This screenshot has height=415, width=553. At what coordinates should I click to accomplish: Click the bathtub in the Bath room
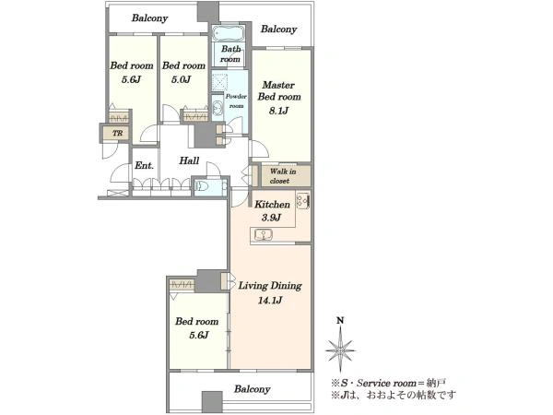(x=229, y=33)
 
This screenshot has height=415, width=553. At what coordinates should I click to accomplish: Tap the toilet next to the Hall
(x=202, y=186)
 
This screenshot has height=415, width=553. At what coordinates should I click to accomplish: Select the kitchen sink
(x=264, y=234)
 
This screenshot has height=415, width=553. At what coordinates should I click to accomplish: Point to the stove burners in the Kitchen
(x=303, y=201)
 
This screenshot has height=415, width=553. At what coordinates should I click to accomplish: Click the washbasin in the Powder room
(x=218, y=107)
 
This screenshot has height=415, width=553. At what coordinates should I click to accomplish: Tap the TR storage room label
(x=117, y=133)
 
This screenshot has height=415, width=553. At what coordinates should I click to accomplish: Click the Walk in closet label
(x=283, y=176)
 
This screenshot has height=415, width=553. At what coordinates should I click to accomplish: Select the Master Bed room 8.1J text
(x=279, y=98)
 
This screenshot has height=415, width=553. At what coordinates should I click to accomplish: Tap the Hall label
(x=189, y=160)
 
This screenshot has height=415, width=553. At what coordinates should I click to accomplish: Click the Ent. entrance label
(x=145, y=165)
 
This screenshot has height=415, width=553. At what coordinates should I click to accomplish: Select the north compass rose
(x=340, y=350)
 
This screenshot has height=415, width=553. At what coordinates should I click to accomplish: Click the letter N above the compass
(x=340, y=320)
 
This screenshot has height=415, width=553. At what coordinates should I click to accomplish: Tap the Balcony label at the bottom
(x=253, y=389)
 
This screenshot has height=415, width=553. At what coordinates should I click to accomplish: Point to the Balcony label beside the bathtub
(x=278, y=29)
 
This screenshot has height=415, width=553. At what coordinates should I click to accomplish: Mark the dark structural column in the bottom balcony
(x=212, y=402)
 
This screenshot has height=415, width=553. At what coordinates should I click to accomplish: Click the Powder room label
(x=236, y=101)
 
